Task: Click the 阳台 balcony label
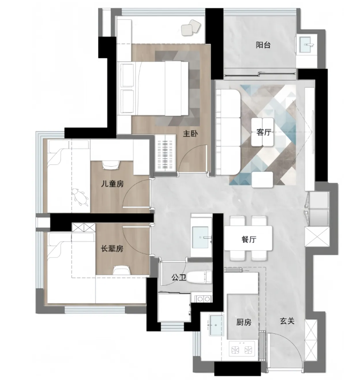[x=263, y=45]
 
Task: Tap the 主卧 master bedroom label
[x=191, y=133]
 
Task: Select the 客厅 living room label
[x=264, y=133]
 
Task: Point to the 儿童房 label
[x=113, y=184]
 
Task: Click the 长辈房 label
[x=112, y=248]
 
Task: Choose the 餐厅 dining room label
[x=249, y=240]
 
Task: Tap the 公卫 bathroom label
[x=179, y=277]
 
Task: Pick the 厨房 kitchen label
[x=244, y=322]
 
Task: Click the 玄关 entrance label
[x=287, y=321]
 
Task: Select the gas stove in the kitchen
[x=242, y=350]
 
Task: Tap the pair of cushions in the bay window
[x=192, y=27]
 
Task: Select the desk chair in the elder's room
[x=121, y=270]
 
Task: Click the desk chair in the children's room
[x=111, y=164]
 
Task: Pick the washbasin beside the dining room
[x=200, y=237]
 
